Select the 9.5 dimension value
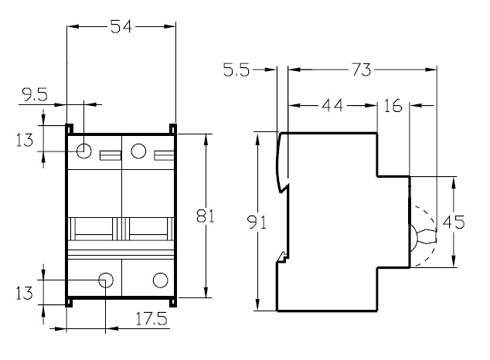click(35, 96)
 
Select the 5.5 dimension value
click(238, 70)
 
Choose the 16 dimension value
click(393, 106)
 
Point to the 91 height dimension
click(258, 222)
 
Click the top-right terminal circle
click(139, 151)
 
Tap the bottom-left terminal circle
click(106, 280)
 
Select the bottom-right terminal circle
click(161, 280)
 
